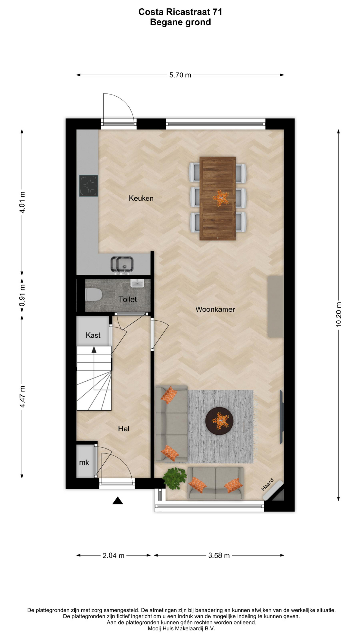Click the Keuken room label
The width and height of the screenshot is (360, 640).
tap(141, 198)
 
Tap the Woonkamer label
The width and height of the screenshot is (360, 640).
tap(215, 309)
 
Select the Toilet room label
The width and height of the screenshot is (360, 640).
tap(128, 299)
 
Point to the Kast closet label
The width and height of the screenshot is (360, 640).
tap(93, 335)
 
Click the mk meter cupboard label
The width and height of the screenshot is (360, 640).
tap(84, 463)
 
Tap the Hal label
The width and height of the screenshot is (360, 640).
tap(123, 429)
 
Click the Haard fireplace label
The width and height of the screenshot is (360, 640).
tap(267, 484)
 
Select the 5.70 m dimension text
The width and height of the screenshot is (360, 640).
tap(180, 75)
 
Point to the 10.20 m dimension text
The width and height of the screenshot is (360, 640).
tap(339, 314)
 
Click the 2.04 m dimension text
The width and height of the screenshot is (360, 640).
tap(114, 556)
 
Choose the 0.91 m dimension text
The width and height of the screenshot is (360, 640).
tap(22, 295)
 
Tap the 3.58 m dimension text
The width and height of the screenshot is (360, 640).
tap(219, 556)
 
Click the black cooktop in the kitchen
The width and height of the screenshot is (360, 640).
tap(89, 186)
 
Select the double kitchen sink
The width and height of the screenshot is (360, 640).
tap(122, 265)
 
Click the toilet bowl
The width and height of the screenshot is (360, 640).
tap(94, 295)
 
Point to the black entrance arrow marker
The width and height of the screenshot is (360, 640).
tap(118, 501)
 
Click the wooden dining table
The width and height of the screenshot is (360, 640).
tap(218, 198)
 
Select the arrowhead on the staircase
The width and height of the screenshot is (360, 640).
tap(94, 350)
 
